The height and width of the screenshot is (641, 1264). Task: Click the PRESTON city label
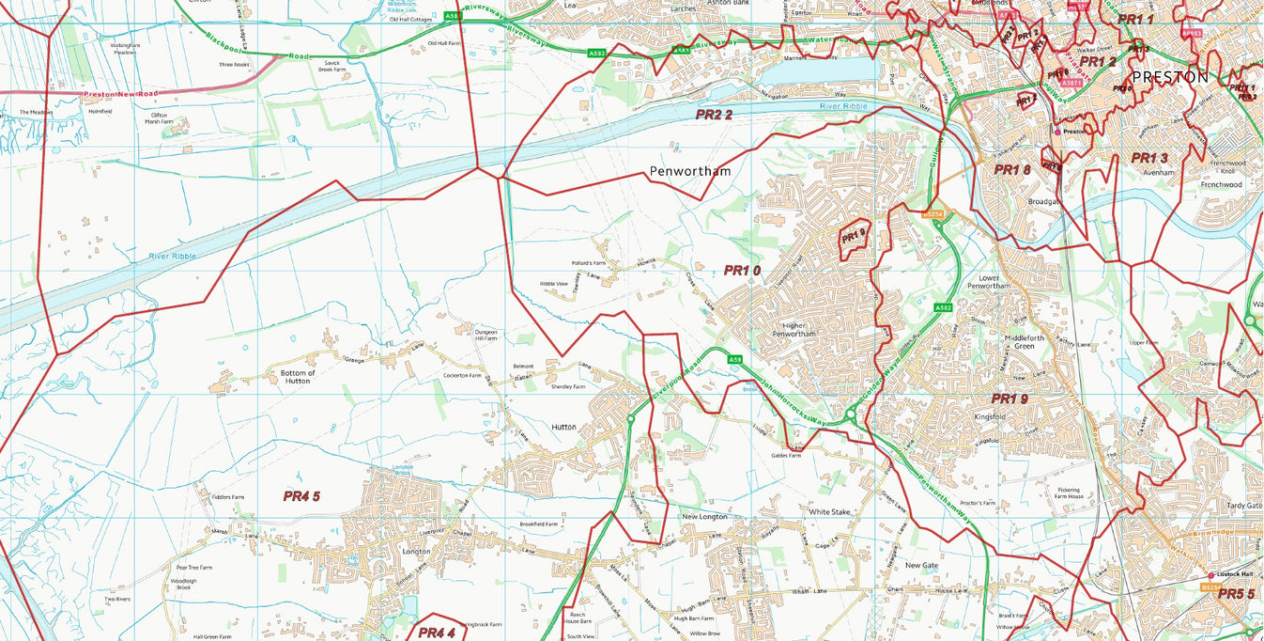click(x=1170, y=78)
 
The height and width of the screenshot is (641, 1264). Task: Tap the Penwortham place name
click(x=689, y=172)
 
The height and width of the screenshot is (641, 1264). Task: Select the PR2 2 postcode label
click(x=714, y=115)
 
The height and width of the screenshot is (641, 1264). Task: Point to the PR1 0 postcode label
click(x=742, y=271)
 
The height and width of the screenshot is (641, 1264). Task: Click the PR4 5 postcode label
click(x=301, y=496)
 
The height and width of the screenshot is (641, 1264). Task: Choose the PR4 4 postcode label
click(x=437, y=633)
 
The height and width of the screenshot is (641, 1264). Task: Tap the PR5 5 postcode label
click(x=1237, y=594)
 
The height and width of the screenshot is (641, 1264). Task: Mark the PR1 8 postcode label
click(x=1012, y=170)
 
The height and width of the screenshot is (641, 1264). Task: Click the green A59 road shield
click(x=735, y=360)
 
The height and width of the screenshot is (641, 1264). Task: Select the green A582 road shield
click(x=944, y=307)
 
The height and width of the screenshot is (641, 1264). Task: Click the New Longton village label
click(x=704, y=517)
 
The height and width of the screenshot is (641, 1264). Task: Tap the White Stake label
click(x=829, y=512)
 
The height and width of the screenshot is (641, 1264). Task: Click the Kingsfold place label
click(x=990, y=416)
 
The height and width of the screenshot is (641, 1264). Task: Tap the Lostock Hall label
click(x=1235, y=574)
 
